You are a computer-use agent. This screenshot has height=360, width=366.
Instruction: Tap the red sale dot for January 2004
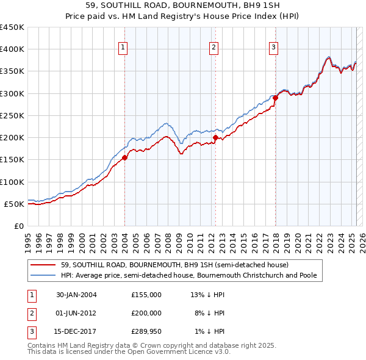pos(124,157)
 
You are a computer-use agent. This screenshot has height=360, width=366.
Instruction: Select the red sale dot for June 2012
pos(215,138)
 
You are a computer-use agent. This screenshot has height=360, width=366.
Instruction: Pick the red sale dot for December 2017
pos(275,98)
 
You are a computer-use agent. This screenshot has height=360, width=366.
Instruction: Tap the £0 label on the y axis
pos(18,226)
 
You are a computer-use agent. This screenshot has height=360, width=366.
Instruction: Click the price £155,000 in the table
pos(146,295)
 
